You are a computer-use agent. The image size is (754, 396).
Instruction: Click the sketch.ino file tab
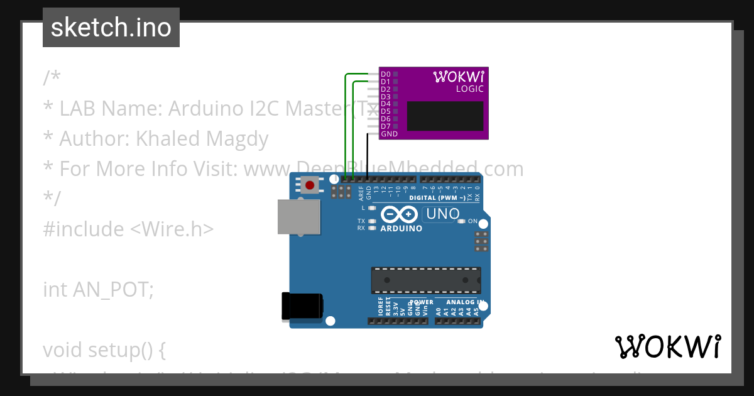(111, 28)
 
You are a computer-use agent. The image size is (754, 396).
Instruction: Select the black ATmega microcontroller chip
(425, 280)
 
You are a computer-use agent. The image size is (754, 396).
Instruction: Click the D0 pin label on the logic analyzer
(385, 75)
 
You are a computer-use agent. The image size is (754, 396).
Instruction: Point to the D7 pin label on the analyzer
(385, 126)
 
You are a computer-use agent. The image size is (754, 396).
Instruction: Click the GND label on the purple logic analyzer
(389, 134)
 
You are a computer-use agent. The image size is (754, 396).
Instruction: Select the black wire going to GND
(367, 157)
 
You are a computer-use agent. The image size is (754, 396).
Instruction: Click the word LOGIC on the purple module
(469, 89)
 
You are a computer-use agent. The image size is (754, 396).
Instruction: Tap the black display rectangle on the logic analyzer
(445, 116)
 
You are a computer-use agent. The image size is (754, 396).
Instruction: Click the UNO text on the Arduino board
(442, 214)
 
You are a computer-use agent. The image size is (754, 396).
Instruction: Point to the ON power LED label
(473, 221)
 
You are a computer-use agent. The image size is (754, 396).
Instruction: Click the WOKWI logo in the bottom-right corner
(667, 346)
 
